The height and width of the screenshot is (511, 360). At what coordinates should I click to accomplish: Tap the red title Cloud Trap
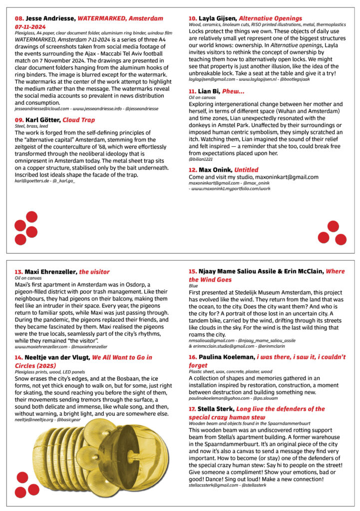(x=78, y=120)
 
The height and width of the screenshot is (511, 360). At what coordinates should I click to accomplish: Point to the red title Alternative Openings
(x=270, y=18)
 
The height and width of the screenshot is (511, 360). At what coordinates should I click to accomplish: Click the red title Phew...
(x=234, y=91)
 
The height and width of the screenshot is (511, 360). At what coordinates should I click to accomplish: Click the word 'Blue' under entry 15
(x=193, y=286)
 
